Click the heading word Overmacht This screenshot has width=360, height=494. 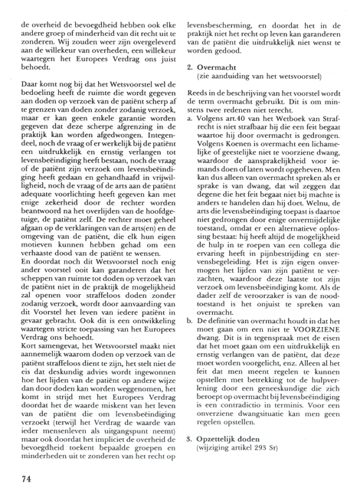tap(221, 90)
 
